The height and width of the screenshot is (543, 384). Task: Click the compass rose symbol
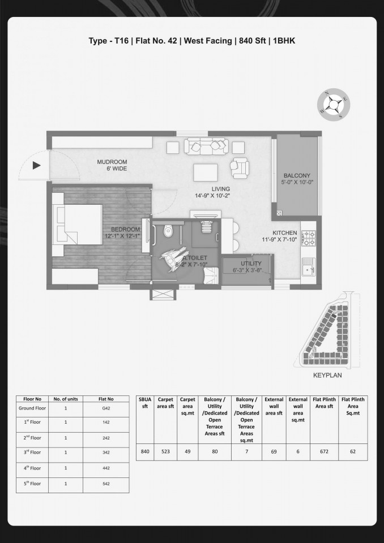(x=334, y=104)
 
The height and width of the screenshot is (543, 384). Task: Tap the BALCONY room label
(x=297, y=175)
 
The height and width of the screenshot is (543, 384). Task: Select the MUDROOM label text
(x=112, y=162)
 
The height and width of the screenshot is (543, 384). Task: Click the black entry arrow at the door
(x=36, y=166)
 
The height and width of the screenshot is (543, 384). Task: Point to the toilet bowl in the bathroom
(x=168, y=231)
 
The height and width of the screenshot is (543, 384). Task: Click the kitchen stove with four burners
(x=308, y=238)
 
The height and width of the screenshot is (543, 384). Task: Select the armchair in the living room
(x=240, y=167)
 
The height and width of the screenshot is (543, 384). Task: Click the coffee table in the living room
(x=206, y=173)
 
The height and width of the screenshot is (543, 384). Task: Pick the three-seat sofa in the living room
(x=206, y=146)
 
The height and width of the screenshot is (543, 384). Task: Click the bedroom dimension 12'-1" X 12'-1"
(x=122, y=236)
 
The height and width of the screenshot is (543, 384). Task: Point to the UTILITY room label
(x=251, y=264)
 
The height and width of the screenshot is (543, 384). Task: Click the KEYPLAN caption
(x=327, y=375)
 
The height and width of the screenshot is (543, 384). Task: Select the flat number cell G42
(x=106, y=408)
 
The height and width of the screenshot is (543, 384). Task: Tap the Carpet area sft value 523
(x=165, y=451)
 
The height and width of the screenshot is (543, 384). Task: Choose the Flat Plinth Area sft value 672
(x=324, y=451)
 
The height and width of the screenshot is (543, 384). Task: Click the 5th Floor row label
(x=32, y=484)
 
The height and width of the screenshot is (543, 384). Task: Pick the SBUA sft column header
(x=145, y=403)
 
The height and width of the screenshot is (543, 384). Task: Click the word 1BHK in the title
(x=284, y=41)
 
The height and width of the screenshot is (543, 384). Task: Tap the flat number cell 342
(x=106, y=453)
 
